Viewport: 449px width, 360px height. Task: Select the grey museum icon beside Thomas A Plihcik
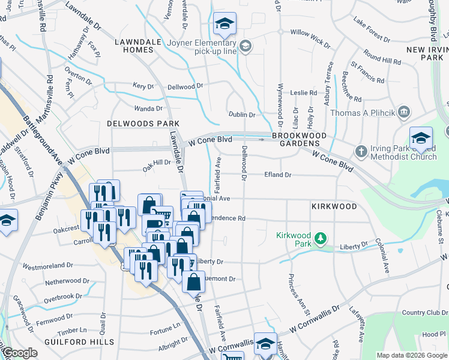[x=403, y=112]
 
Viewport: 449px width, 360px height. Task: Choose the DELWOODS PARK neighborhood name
[x=135, y=123]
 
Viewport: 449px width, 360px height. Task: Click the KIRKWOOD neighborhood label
[x=334, y=206]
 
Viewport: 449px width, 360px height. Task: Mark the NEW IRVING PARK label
[x=427, y=53]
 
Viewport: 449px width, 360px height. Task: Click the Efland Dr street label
[x=277, y=175]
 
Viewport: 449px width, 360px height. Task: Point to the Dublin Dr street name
[x=242, y=114]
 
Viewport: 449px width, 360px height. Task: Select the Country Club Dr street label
[x=421, y=312]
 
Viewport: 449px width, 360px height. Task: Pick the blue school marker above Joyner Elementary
[x=225, y=25]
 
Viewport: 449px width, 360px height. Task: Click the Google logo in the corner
[x=20, y=353]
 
